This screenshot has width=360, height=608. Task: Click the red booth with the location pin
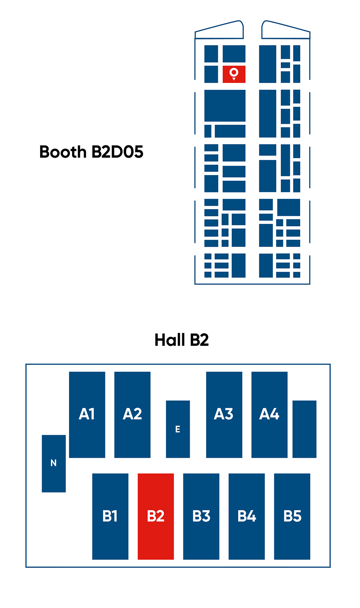click(x=234, y=74)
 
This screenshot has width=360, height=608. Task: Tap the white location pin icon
click(x=234, y=74)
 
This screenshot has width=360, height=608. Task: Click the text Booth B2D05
click(x=91, y=152)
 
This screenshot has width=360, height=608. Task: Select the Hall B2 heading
click(x=182, y=340)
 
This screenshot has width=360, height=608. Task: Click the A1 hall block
click(x=87, y=415)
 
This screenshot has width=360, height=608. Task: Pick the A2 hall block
click(x=132, y=415)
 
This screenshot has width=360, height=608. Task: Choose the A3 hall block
click(x=224, y=415)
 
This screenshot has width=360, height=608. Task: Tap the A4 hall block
click(x=269, y=415)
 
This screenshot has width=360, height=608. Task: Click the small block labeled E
click(x=178, y=429)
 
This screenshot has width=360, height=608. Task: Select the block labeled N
click(x=54, y=464)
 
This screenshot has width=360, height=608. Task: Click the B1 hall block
click(x=110, y=517)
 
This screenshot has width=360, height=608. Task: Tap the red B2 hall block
click(x=156, y=517)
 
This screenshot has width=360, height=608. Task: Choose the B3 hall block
click(x=201, y=517)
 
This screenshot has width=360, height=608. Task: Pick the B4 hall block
click(x=247, y=517)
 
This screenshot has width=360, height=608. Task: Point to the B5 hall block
click(x=292, y=517)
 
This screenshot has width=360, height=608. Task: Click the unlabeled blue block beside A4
click(x=304, y=429)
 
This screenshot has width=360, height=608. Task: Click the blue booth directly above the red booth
click(x=234, y=54)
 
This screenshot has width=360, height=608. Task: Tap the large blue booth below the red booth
click(x=225, y=106)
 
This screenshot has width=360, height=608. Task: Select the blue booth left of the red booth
click(x=211, y=74)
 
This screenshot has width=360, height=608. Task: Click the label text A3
click(x=224, y=414)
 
